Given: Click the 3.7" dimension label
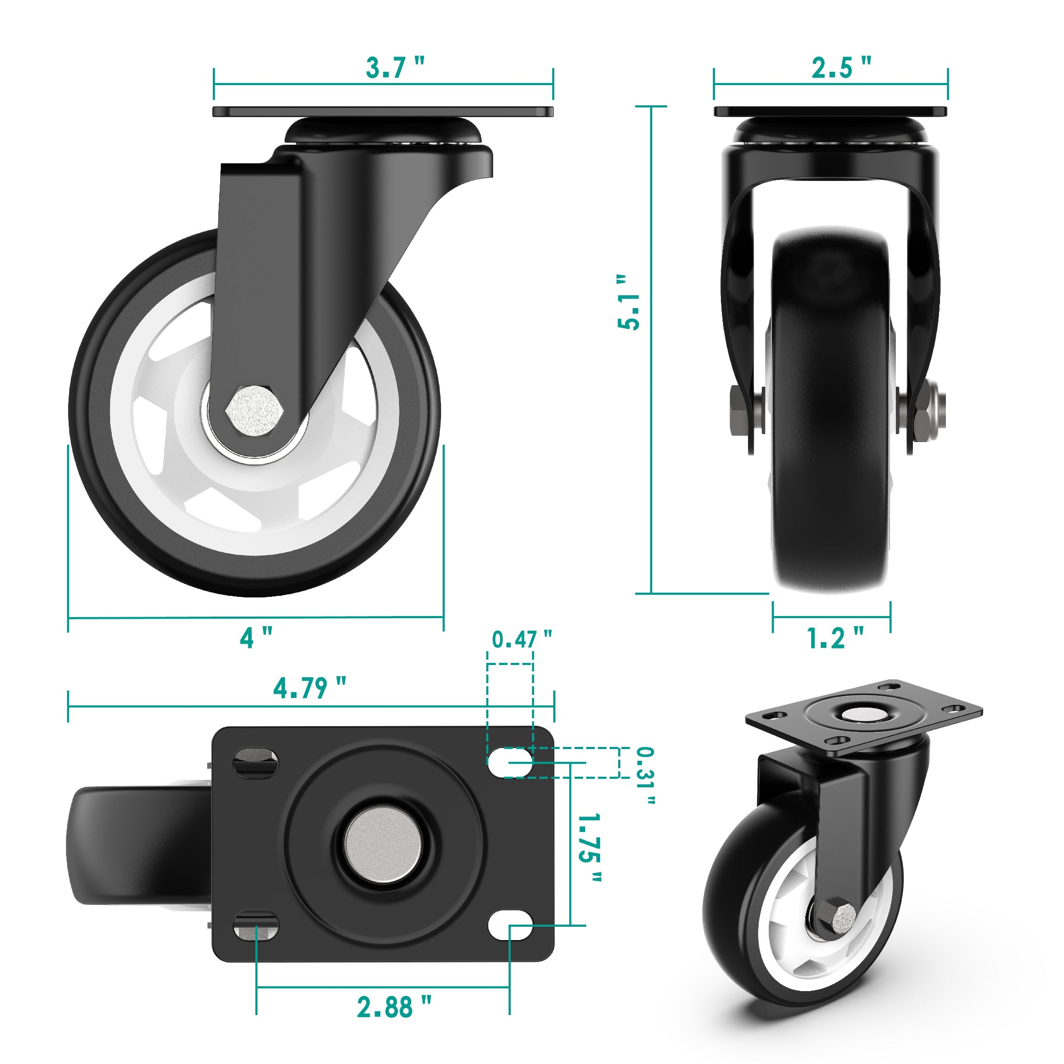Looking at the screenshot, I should pos(394,68).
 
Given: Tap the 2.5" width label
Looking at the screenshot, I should pos(841,68).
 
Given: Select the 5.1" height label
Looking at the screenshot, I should pos(628,302).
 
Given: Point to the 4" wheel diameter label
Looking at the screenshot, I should pos(255,638).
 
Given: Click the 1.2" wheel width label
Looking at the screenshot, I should pos(834,638).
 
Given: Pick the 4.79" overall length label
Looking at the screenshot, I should pos(310,688).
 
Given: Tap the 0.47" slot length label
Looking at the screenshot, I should pos(521,639).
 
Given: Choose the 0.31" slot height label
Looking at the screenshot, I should pos(645,777).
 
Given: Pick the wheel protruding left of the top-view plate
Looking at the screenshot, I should pos(138,845).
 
